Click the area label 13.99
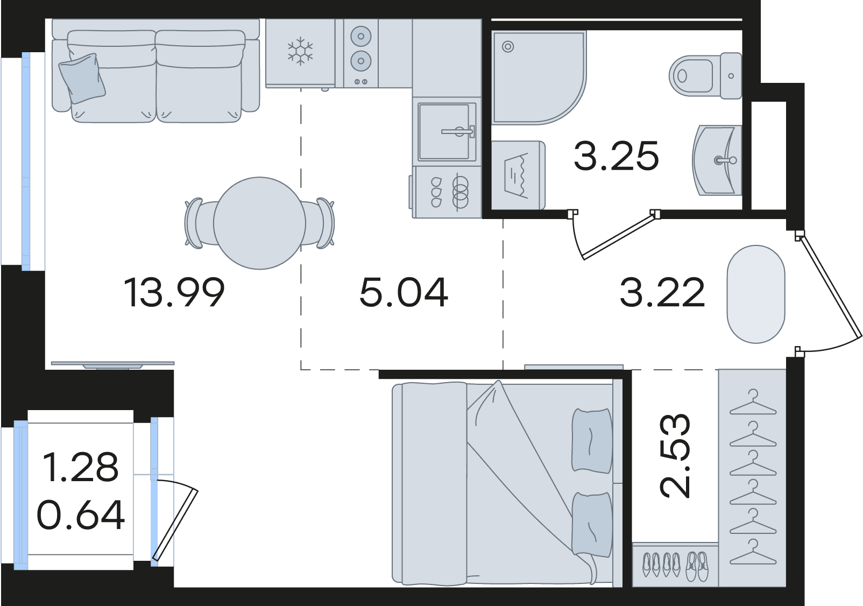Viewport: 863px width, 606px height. (x=174, y=293)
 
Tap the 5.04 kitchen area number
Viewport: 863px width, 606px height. (x=404, y=293)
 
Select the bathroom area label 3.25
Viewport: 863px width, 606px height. (x=617, y=156)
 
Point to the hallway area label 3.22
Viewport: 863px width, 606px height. (x=662, y=293)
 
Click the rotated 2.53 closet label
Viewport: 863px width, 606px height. (x=674, y=456)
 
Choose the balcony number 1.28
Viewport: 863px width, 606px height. (x=81, y=467)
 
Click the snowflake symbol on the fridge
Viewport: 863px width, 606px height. (x=300, y=51)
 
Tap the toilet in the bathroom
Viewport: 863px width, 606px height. (x=705, y=75)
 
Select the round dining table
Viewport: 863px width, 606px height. (x=260, y=223)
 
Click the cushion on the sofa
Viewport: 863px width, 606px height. (x=82, y=78)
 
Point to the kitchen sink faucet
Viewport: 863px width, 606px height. (x=458, y=131)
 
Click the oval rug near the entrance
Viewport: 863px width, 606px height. (x=755, y=294)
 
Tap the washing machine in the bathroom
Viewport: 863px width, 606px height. (x=518, y=175)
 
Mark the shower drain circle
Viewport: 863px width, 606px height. (x=508, y=47)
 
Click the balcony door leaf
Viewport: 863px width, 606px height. (x=175, y=525)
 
